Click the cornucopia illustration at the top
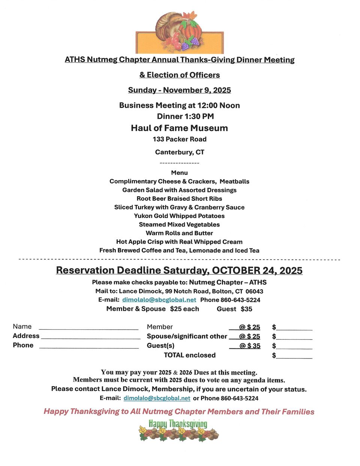coord(179,32)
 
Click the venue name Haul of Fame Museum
coord(179,128)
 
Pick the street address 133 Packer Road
coord(179,139)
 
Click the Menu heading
coord(179,173)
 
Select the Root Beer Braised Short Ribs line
coord(179,199)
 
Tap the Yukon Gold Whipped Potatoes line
coord(179,216)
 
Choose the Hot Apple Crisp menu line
coord(179,242)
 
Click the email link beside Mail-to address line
coord(159,300)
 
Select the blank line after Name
coord(88,328)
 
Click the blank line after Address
coord(90,337)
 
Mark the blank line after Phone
coord(89,347)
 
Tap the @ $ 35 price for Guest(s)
coord(250,346)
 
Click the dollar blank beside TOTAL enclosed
coord(294,356)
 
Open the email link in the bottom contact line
coord(157,398)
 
